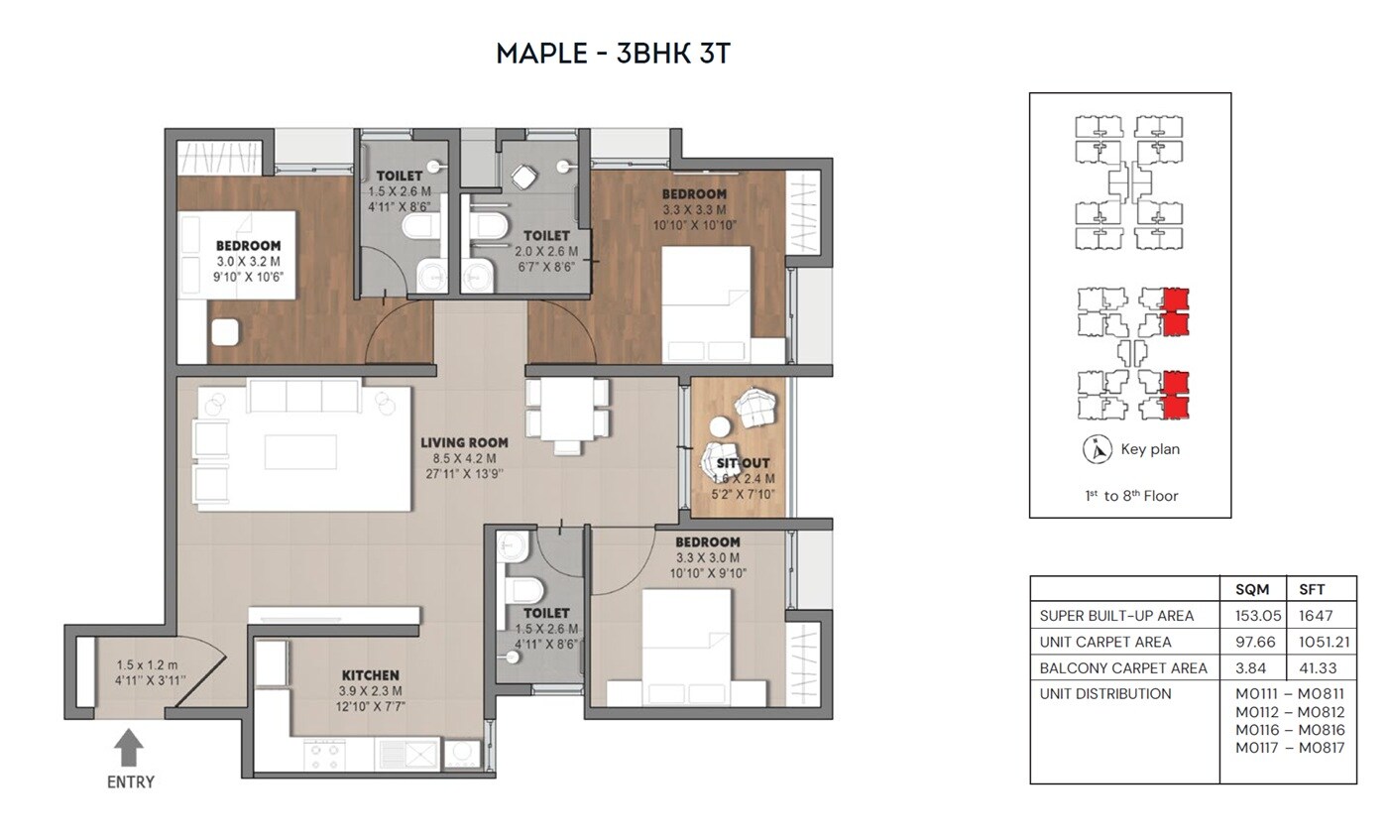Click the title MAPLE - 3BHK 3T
(613, 54)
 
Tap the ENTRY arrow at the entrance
(129, 748)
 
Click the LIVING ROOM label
(464, 443)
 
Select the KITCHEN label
(370, 675)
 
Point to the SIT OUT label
(743, 463)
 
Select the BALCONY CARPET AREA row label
(1122, 667)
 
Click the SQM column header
(1252, 589)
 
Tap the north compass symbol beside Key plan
(1096, 449)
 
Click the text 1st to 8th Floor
(1130, 496)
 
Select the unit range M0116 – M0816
(1290, 730)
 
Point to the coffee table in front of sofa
(300, 451)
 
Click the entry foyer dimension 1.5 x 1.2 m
(146, 665)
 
